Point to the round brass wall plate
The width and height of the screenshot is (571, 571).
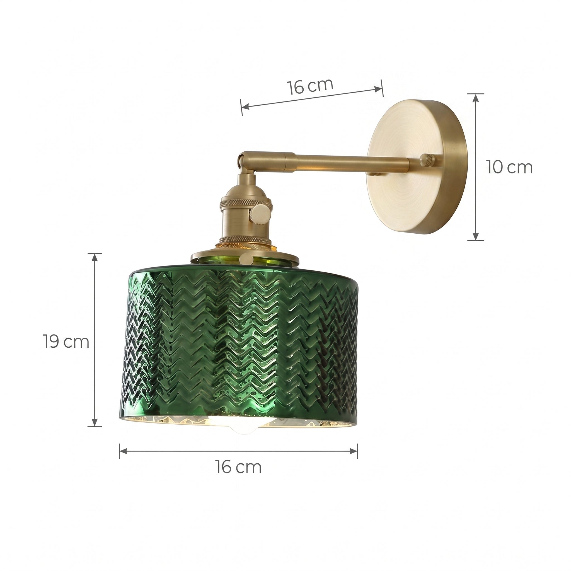click(417, 168)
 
